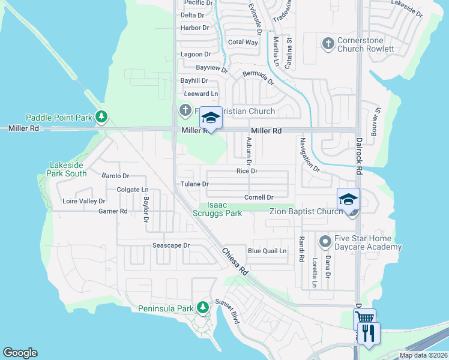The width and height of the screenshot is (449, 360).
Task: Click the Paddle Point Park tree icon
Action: point(102,115)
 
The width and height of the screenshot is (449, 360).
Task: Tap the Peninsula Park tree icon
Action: point(203,308)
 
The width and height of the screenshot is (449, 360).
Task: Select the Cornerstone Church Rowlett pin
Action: point(328,43)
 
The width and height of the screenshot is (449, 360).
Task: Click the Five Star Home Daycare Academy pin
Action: point(325,242)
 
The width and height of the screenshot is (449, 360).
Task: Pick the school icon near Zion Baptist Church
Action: point(348,199)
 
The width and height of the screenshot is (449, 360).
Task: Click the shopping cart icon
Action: point(364,319)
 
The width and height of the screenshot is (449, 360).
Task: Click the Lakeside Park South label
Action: point(68,169)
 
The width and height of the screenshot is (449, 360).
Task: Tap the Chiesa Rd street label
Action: point(235,262)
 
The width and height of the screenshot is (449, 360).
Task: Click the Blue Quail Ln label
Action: point(267,251)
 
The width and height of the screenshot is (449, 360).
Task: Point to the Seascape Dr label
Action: point(170,245)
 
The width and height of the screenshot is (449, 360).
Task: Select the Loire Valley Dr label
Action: point(83,202)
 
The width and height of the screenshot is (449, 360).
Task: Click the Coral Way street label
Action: point(243,42)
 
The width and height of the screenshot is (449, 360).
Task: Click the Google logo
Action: point(20,353)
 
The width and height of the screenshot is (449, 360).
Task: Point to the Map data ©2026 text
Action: point(423,355)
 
